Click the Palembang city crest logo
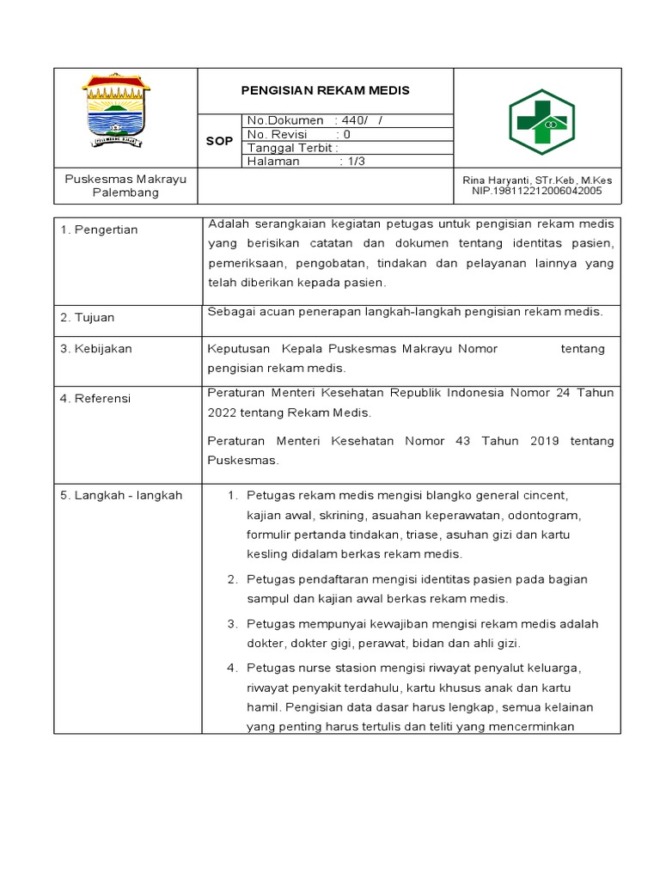(116, 113)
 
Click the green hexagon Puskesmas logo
(541, 122)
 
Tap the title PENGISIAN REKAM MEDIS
(325, 90)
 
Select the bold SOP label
(219, 141)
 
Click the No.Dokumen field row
(315, 121)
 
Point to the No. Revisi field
(298, 134)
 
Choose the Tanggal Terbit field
(293, 148)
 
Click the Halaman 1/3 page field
(306, 162)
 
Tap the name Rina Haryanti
(493, 180)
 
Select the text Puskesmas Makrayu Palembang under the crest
(125, 186)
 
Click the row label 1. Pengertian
(99, 230)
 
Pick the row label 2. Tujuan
(87, 318)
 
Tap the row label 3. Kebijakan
(95, 349)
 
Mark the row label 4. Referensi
(95, 399)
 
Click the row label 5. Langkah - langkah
(121, 496)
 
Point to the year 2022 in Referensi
(222, 413)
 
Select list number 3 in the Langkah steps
(231, 624)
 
